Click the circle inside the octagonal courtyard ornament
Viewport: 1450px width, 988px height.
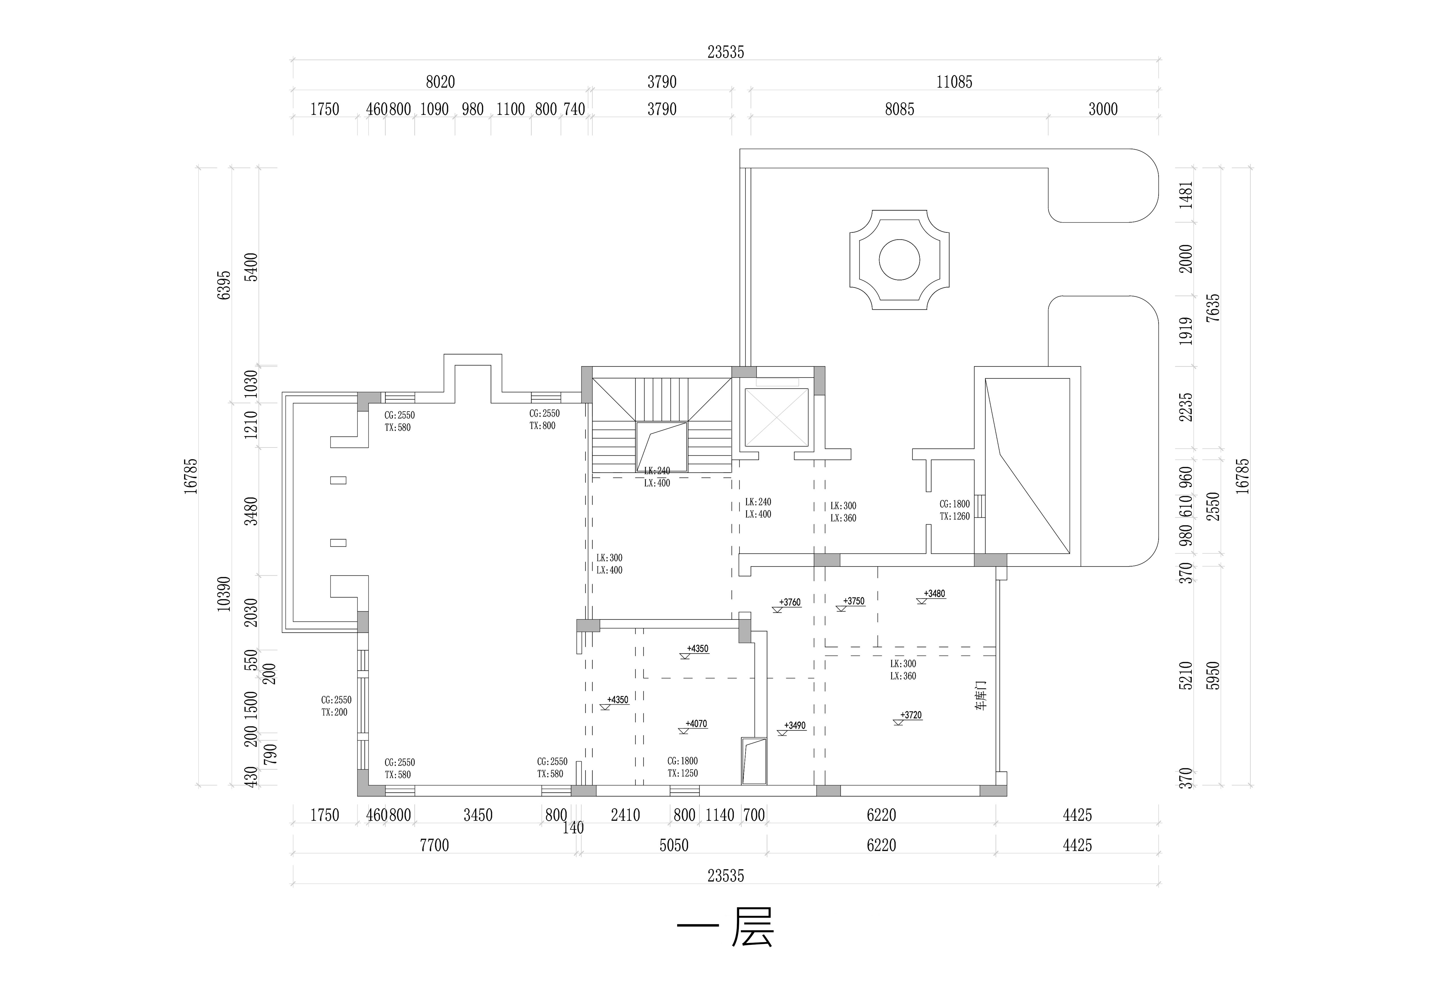click(x=899, y=259)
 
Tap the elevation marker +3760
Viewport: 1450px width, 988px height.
click(x=789, y=603)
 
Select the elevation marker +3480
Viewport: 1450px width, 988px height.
click(x=934, y=594)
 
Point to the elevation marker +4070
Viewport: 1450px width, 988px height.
click(x=696, y=724)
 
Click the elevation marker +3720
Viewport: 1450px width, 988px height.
click(x=910, y=715)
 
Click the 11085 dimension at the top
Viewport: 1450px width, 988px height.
click(x=954, y=82)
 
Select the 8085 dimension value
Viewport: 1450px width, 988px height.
click(x=899, y=109)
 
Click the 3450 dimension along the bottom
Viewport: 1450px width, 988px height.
click(x=478, y=815)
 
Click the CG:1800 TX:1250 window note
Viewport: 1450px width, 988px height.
click(x=683, y=767)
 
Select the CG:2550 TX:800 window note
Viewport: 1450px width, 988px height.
click(x=544, y=420)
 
